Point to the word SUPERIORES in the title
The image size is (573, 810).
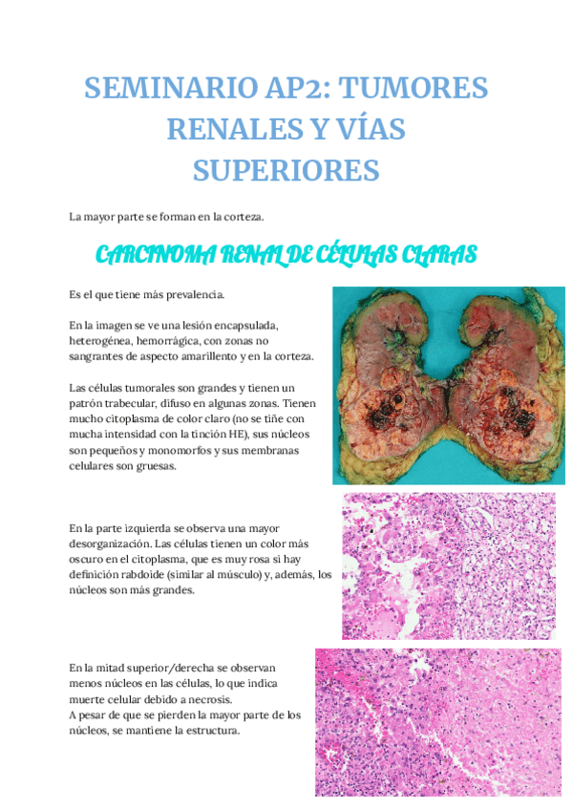pos(286,170)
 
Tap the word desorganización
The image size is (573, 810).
pos(116,544)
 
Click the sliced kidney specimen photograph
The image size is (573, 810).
pos(448,385)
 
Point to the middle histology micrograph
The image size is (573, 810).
pos(448,565)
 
